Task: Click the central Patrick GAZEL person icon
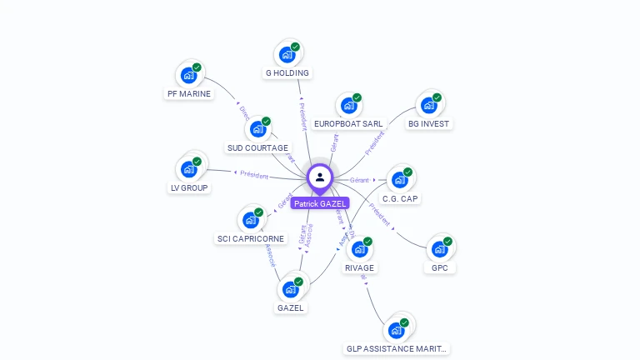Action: click(x=320, y=177)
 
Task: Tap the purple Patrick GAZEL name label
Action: click(x=320, y=203)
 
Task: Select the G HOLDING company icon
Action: click(x=287, y=55)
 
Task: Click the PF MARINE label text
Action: click(x=189, y=94)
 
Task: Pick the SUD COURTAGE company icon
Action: click(x=258, y=129)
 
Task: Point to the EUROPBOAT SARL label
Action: click(x=348, y=124)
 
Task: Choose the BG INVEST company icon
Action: click(x=429, y=106)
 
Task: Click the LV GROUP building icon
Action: click(x=189, y=169)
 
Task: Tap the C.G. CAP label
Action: click(x=401, y=199)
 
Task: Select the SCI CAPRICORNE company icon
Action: click(x=251, y=221)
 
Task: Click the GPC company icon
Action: click(x=440, y=249)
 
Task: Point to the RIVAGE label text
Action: click(x=360, y=268)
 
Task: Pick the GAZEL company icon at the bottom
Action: click(x=291, y=289)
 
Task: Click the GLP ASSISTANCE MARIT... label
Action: click(x=397, y=349)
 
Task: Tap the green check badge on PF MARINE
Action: click(x=197, y=67)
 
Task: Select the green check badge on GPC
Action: click(x=447, y=242)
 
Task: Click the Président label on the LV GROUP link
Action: click(x=254, y=175)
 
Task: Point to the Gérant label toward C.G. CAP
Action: click(x=359, y=180)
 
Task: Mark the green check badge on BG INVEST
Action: click(x=437, y=97)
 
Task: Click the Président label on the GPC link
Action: click(x=379, y=217)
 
